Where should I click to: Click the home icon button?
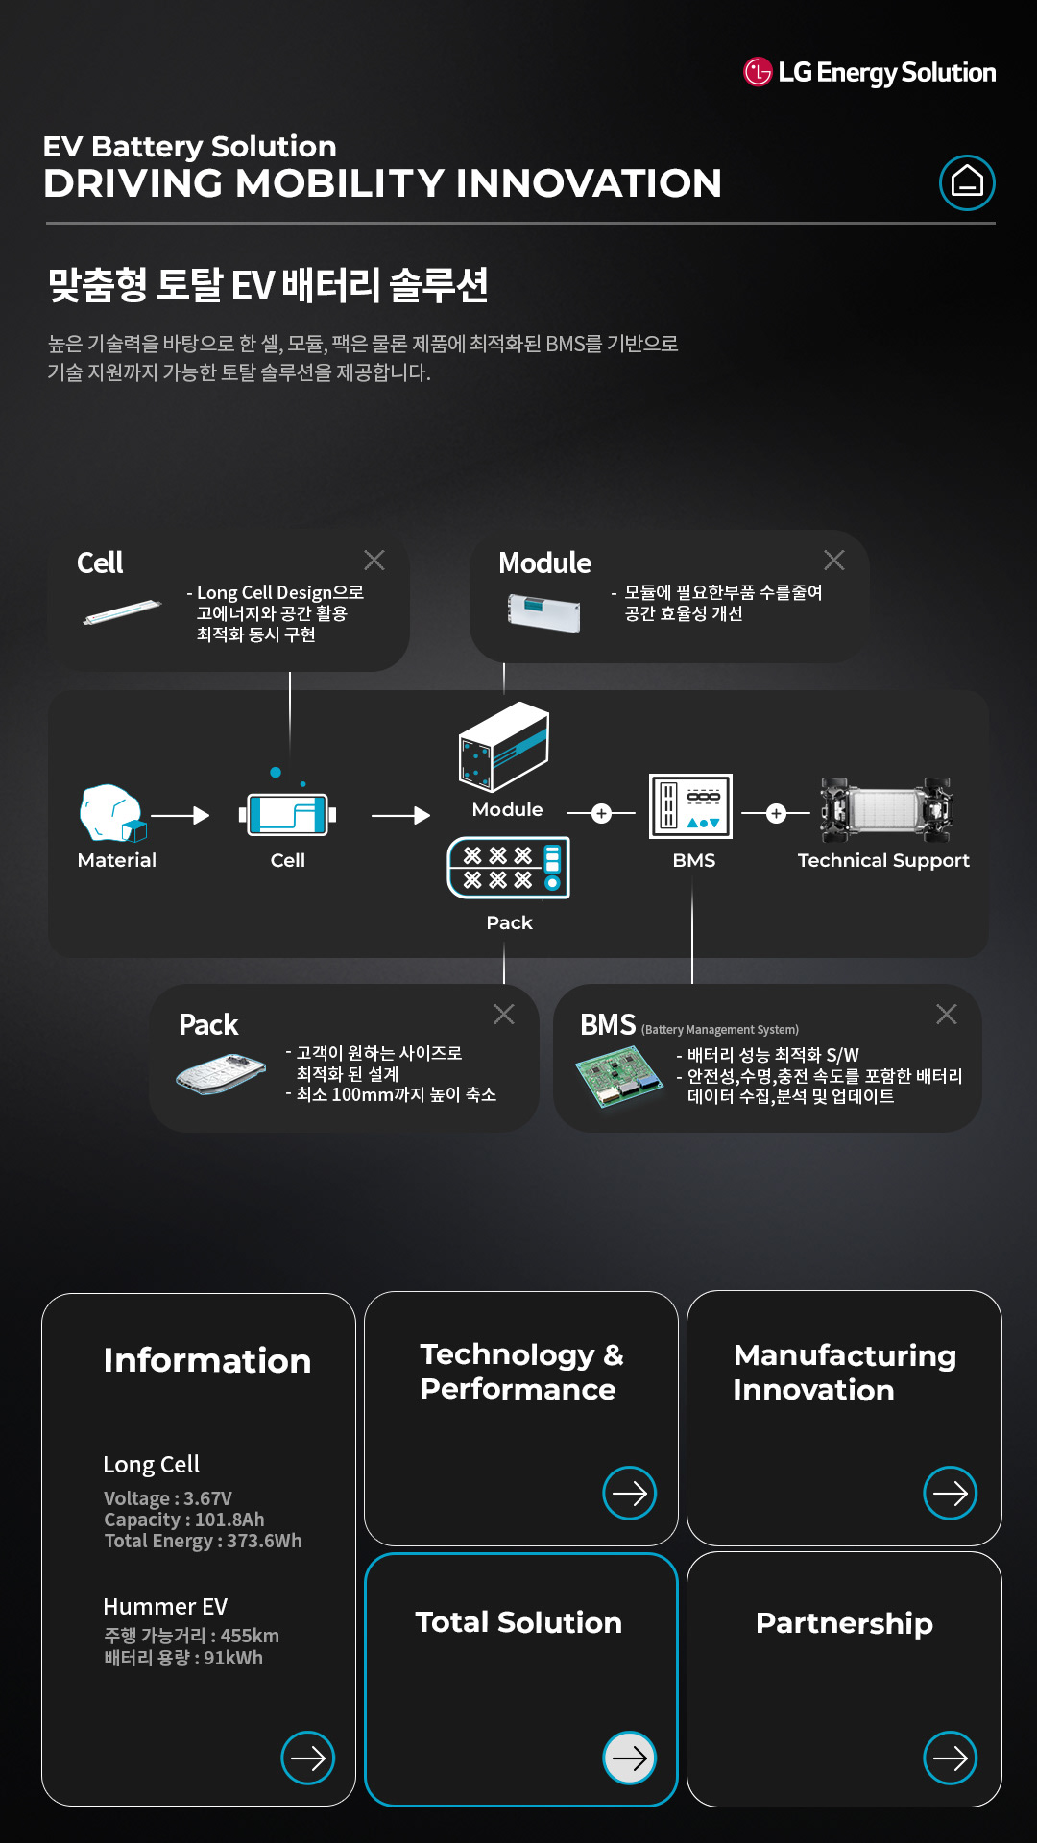pyautogui.click(x=967, y=182)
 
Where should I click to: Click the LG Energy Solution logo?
pyautogui.click(x=870, y=72)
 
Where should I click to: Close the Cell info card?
pyautogui.click(x=374, y=561)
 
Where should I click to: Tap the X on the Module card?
pyautogui.click(x=834, y=561)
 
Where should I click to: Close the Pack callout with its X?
pyautogui.click(x=504, y=1015)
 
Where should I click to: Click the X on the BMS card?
pyautogui.click(x=947, y=1015)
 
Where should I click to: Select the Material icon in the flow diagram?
pyautogui.click(x=112, y=814)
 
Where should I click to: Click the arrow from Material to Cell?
pyautogui.click(x=181, y=816)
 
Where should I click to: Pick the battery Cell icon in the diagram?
pyautogui.click(x=288, y=815)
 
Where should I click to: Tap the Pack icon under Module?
pyautogui.click(x=509, y=868)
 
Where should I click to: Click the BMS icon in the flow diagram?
pyautogui.click(x=691, y=806)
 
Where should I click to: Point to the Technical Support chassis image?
pyautogui.click(x=885, y=806)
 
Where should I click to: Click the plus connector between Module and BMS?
pyautogui.click(x=601, y=814)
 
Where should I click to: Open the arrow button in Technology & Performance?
pyautogui.click(x=630, y=1493)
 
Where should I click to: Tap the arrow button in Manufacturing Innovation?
pyautogui.click(x=951, y=1493)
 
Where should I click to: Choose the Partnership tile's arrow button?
pyautogui.click(x=951, y=1758)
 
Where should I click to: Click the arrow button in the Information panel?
pyautogui.click(x=308, y=1758)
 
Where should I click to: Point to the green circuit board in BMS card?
pyautogui.click(x=619, y=1077)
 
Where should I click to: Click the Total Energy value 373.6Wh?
pyautogui.click(x=264, y=1541)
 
